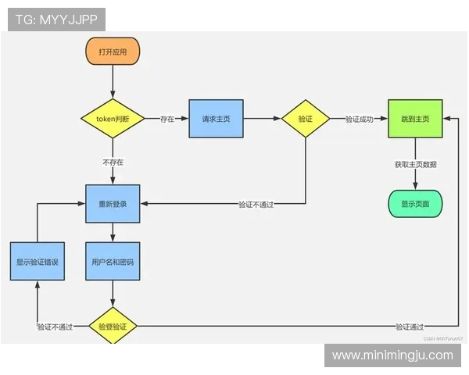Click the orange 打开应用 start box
pos(113,51)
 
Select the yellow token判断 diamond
pos(113,119)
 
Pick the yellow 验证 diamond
pos(305,119)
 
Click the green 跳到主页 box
pos(415,119)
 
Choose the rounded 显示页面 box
pos(415,203)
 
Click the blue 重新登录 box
pos(113,203)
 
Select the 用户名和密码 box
pos(113,262)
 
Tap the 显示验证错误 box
pos(38,262)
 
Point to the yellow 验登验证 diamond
pos(113,327)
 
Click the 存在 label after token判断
pos(167,120)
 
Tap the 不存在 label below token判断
pos(113,162)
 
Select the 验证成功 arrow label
pos(360,120)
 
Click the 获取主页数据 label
pos(415,165)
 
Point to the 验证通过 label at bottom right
pos(410,327)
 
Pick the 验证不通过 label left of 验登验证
pos(55,327)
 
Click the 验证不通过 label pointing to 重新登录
pos(261,204)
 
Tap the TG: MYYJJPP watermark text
pos(56,20)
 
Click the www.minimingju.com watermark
pos(392,355)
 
